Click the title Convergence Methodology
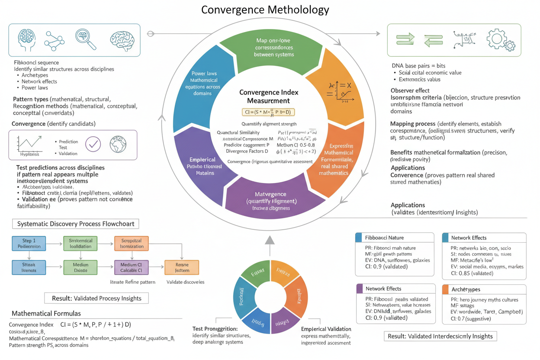click(x=265, y=10)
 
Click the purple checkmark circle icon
click(x=93, y=145)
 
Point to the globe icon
click(x=118, y=145)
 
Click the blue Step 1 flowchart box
click(x=29, y=243)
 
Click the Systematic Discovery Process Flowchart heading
click(x=76, y=224)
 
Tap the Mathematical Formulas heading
click(x=46, y=313)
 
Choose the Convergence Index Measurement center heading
click(x=269, y=96)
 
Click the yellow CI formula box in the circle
click(x=268, y=112)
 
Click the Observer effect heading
click(x=410, y=90)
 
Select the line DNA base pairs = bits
click(x=418, y=66)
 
